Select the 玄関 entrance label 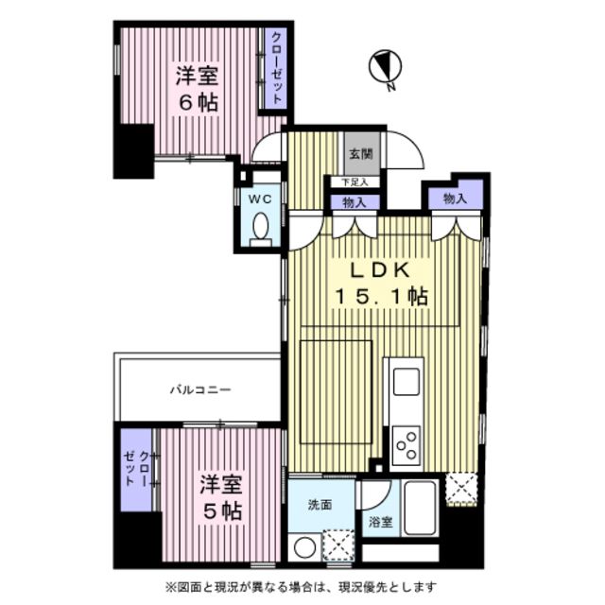coord(361,154)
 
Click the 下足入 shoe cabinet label coord(354,182)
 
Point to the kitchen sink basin coord(406,381)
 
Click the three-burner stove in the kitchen coord(406,445)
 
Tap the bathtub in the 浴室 coord(420,508)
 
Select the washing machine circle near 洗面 coord(304,547)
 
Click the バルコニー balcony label coord(200,389)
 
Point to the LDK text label coord(380,270)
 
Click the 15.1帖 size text coord(381,297)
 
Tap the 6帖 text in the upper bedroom coord(199,103)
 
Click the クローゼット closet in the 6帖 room coord(276,68)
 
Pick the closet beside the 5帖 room coord(136,471)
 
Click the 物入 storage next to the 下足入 coord(355,202)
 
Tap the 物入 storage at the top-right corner coord(456,197)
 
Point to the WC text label coord(260,199)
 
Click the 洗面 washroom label coord(320,504)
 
